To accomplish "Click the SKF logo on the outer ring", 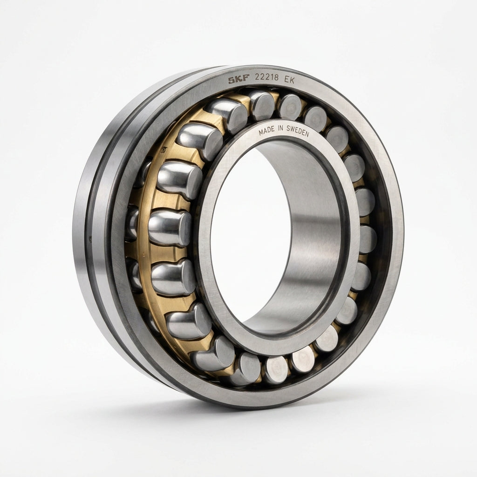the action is (x=239, y=79).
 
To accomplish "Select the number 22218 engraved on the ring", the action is (x=267, y=77).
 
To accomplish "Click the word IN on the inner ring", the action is (x=280, y=129).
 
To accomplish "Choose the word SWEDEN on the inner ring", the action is (x=298, y=131).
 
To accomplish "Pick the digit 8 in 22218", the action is (x=276, y=77).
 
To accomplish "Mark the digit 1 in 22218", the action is (x=270, y=77).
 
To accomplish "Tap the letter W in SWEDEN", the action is (x=293, y=129).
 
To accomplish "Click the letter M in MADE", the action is (x=261, y=132).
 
